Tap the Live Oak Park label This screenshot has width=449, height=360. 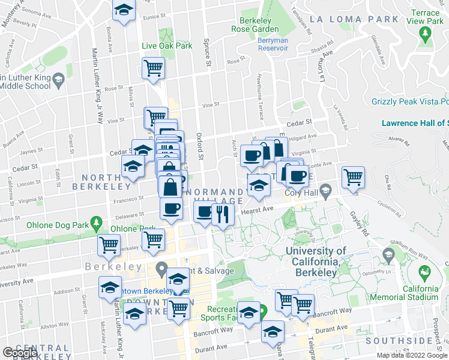point(167,46)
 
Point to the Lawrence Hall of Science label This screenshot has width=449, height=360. point(415,124)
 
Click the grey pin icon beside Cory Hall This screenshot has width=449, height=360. point(326,191)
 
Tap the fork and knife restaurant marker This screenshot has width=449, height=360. point(223,214)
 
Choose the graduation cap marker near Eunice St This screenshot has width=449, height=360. point(124,10)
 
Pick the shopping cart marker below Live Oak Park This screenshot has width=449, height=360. point(154,67)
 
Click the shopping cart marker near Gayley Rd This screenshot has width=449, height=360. point(353,177)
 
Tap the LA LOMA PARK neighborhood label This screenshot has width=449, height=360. point(362,19)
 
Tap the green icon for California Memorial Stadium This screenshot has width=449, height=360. point(425,273)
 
